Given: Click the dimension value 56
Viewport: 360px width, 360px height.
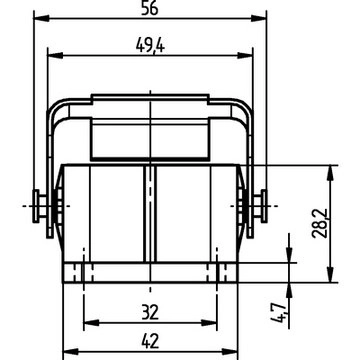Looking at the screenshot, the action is point(149,8).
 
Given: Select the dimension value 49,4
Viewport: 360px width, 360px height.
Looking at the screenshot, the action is point(150,45).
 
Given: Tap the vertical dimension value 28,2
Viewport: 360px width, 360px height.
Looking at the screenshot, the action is point(320,223).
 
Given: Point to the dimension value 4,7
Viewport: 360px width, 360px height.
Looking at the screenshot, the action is point(278,314).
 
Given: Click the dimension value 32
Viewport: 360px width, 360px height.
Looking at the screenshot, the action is point(150,312).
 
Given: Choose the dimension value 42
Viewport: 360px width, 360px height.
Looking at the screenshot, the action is point(150,341).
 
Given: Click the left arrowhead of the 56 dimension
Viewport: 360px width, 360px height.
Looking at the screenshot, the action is point(41,18).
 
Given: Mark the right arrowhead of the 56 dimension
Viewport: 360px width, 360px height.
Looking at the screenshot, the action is point(259,18).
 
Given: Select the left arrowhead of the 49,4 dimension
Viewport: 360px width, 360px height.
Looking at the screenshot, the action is point(55,55).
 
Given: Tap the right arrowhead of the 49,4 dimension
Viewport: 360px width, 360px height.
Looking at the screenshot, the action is point(245,55).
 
